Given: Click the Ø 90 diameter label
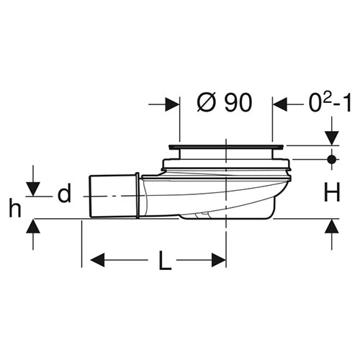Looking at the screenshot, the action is (225, 102).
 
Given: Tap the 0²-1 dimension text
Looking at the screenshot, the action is (330, 102).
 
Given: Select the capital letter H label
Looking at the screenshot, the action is (332, 192).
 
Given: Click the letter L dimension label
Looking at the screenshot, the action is (165, 260).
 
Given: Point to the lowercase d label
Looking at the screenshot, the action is (64, 194).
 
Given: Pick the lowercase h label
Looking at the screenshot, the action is (15, 208).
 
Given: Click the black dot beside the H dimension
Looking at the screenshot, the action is (332, 159).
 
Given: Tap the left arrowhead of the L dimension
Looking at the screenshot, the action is (98, 260).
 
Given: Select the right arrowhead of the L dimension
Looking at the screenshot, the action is (219, 260).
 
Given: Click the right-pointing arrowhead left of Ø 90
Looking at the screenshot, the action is (173, 104).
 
